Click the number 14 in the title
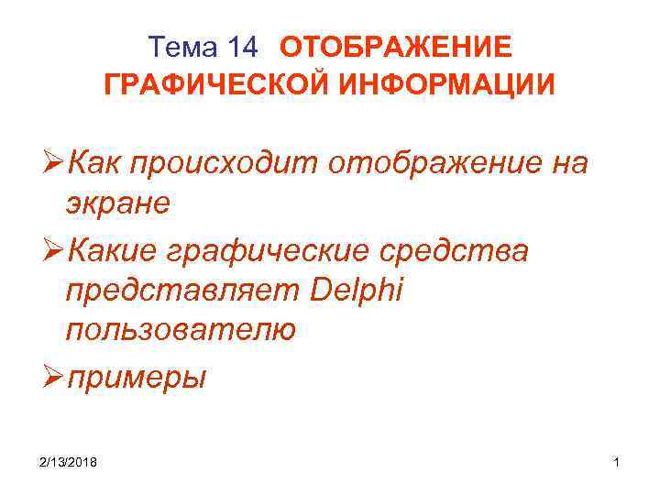coord(247,47)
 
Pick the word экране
coord(117,203)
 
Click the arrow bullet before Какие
coord(49,249)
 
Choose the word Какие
coord(115,249)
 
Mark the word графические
coord(269,251)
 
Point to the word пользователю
coord(181,330)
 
